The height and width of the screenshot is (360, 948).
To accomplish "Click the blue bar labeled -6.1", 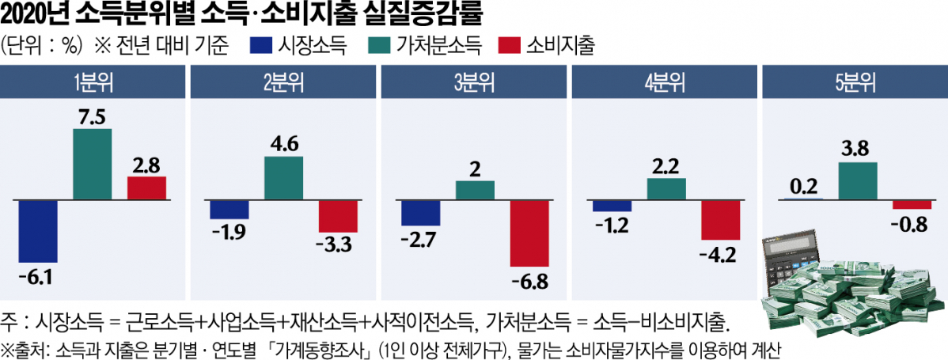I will [x=38, y=231].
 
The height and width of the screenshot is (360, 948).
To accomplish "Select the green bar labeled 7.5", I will [x=93, y=164].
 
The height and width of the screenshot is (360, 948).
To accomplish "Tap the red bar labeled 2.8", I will [x=147, y=188].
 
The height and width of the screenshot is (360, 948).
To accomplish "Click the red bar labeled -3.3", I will [x=339, y=215].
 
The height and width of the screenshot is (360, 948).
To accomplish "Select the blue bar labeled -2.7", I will [x=420, y=212].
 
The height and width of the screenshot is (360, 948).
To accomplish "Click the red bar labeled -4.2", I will [x=721, y=219].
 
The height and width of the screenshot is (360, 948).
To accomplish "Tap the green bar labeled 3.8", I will [x=857, y=180].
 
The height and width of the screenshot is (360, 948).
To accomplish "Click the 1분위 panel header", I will [x=93, y=83].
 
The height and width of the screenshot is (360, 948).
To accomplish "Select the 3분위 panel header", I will [x=474, y=83].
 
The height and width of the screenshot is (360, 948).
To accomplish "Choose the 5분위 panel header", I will [x=854, y=83].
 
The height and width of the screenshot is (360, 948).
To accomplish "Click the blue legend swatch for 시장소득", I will [x=261, y=45].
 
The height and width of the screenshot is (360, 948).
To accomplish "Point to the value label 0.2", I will [x=802, y=188].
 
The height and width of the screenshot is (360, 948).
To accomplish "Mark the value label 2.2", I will [x=666, y=167].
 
